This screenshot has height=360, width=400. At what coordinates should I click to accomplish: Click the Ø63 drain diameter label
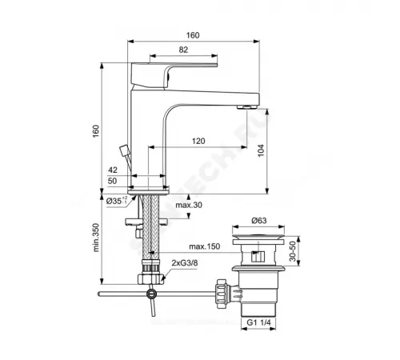coord(257,220)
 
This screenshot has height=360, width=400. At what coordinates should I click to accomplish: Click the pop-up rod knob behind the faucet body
coord(122,149)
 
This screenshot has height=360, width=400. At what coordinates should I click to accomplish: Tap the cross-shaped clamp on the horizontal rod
coord(148,299)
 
